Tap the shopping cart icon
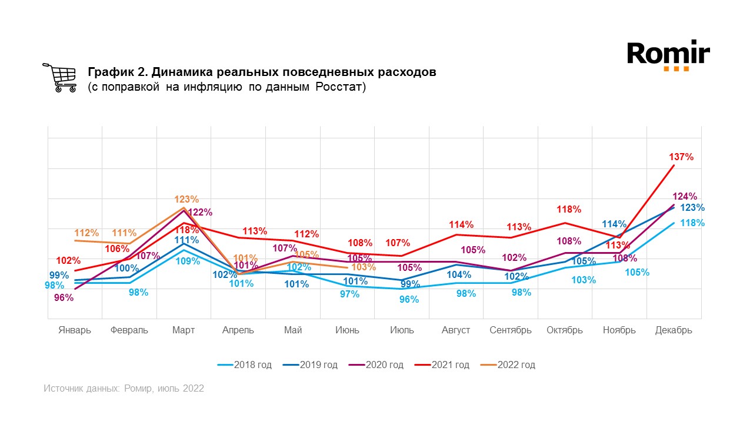pyautogui.click(x=59, y=78)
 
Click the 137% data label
pyautogui.click(x=681, y=157)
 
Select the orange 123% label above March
pyautogui.click(x=186, y=200)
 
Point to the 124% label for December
pyautogui.click(x=684, y=196)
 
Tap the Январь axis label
pyautogui.click(x=75, y=330)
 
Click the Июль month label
pyautogui.click(x=402, y=330)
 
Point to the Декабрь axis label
pyautogui.click(x=674, y=330)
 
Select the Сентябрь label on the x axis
pyautogui.click(x=511, y=330)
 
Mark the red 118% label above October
pyautogui.click(x=569, y=210)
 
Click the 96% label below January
pyautogui.click(x=64, y=298)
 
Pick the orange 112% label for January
pyautogui.click(x=86, y=233)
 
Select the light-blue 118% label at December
pyautogui.click(x=692, y=223)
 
